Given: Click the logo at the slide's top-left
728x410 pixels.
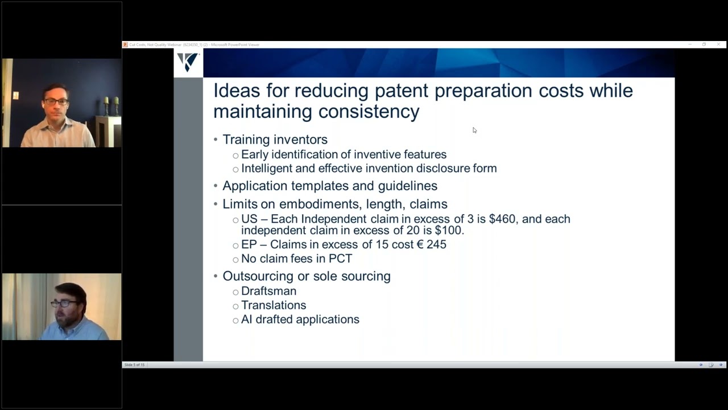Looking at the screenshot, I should click(x=188, y=62).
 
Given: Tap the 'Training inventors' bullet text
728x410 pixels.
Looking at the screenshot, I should click(x=275, y=140).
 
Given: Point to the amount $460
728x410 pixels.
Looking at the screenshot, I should click(x=501, y=219).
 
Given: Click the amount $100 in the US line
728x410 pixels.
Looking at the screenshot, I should click(x=449, y=231).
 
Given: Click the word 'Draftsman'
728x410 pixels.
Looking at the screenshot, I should click(x=268, y=291).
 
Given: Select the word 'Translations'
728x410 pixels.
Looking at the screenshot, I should click(x=274, y=305).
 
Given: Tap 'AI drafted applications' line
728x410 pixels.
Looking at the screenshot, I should click(x=300, y=319).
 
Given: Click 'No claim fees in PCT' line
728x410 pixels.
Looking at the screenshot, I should click(x=296, y=259).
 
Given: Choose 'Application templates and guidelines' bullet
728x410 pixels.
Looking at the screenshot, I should click(x=329, y=186).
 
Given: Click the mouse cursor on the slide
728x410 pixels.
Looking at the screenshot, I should click(x=474, y=130).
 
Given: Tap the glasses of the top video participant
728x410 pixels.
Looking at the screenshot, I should click(x=56, y=101).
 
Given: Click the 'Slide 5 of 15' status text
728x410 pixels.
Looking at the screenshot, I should click(x=135, y=364).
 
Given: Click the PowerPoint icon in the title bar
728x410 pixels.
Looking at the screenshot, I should click(x=125, y=44).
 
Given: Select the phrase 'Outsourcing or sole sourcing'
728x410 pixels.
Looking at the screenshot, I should click(x=306, y=276).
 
